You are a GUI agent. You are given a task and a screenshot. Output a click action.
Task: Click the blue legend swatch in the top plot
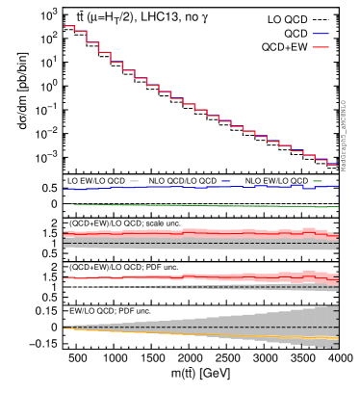click(320, 34)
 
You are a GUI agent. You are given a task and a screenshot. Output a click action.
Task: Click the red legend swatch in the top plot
click(320, 47)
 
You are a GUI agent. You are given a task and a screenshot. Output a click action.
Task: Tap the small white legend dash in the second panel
click(134, 181)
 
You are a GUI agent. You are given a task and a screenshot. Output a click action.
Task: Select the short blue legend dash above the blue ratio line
click(225, 181)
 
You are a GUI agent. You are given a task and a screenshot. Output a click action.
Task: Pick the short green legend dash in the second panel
click(318, 181)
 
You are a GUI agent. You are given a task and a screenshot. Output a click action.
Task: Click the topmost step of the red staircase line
click(68, 26)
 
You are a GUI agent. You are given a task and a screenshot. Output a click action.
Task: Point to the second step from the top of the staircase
click(80, 31)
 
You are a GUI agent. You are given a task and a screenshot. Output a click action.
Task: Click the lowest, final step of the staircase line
click(332, 165)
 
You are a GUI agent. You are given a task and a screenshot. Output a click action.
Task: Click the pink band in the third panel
click(193, 232)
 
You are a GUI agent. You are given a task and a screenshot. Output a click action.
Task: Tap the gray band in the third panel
click(193, 246)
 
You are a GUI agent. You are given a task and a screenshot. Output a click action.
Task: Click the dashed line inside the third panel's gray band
click(193, 242)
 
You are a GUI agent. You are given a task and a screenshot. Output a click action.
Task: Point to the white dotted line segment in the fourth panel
click(96, 287)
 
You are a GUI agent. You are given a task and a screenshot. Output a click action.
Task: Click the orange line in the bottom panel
click(193, 334)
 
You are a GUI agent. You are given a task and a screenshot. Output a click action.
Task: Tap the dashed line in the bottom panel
click(193, 327)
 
